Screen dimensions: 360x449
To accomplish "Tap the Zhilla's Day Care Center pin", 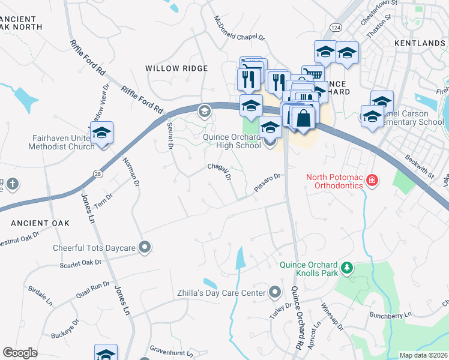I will click(275, 293).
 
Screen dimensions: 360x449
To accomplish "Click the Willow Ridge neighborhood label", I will click(176, 68).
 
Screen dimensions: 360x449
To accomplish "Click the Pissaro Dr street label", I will click(267, 181).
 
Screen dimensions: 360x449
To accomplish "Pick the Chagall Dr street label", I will click(219, 172).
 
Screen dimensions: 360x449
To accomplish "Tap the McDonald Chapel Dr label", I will click(239, 28).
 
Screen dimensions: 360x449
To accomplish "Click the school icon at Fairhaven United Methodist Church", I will click(101, 133).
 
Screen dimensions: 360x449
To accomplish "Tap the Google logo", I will click(20, 353).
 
